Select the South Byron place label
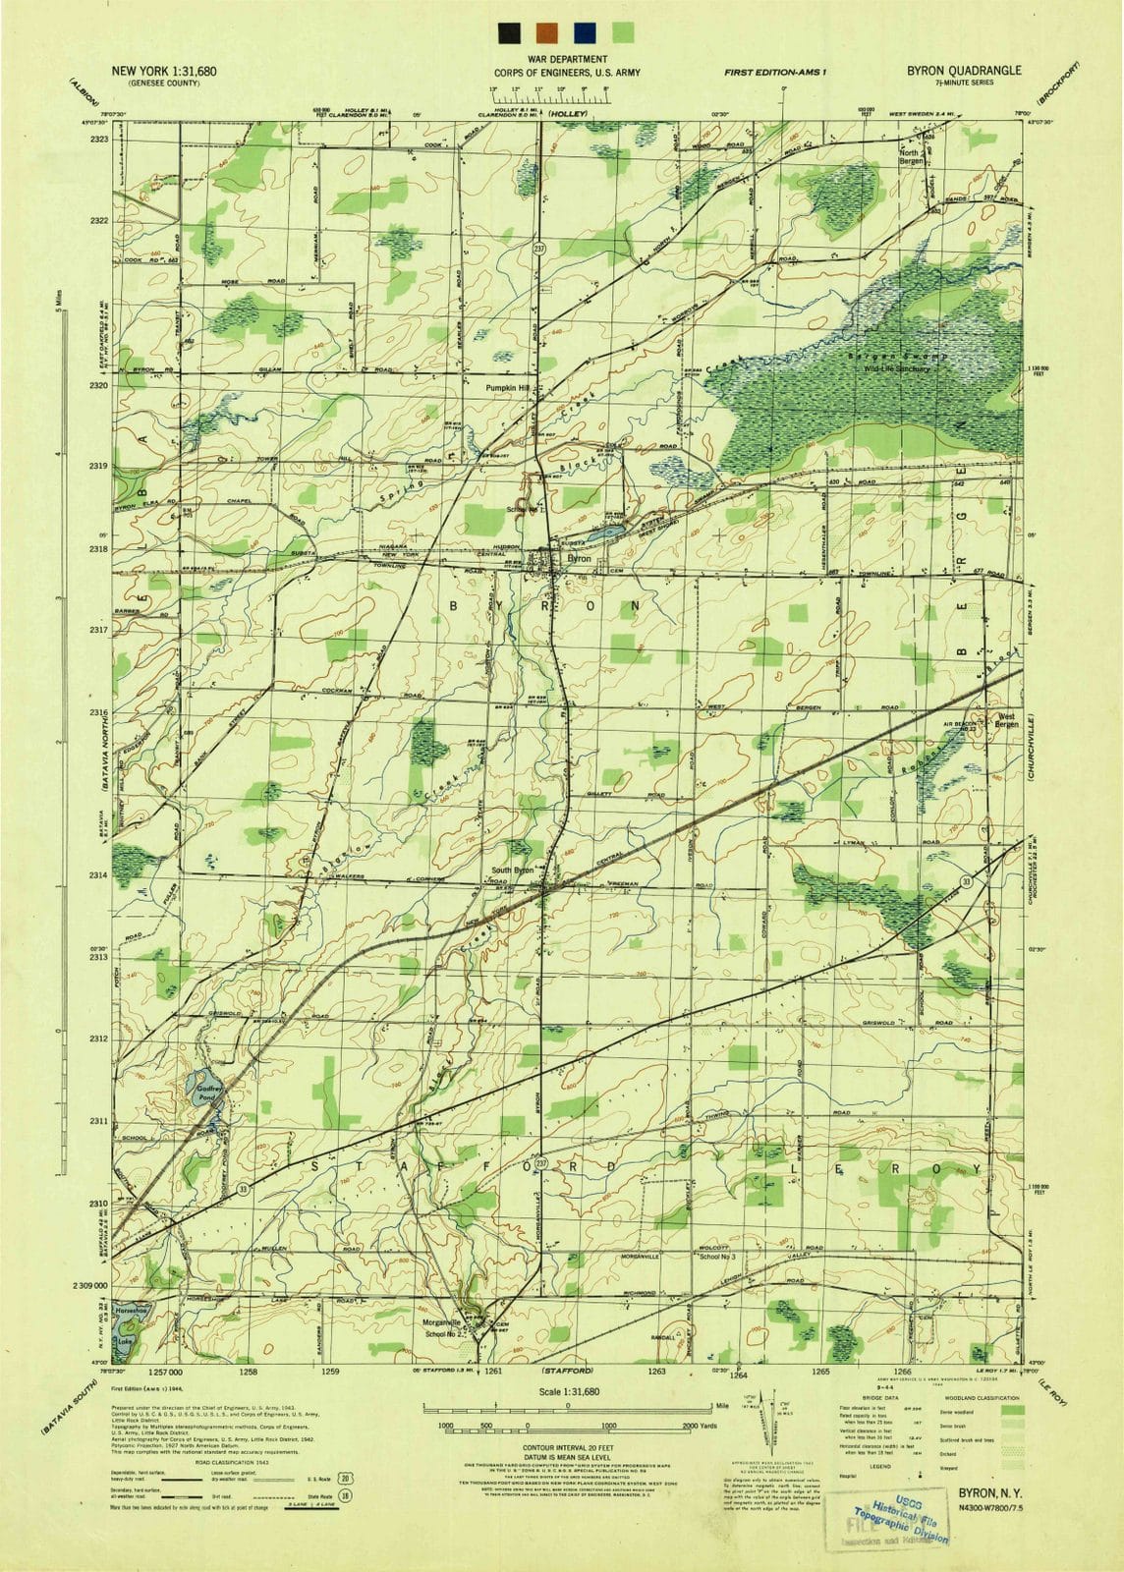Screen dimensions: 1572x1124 [513, 870]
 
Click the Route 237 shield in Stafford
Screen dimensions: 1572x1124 [541, 1151]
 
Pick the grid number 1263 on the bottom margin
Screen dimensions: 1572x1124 [656, 1371]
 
